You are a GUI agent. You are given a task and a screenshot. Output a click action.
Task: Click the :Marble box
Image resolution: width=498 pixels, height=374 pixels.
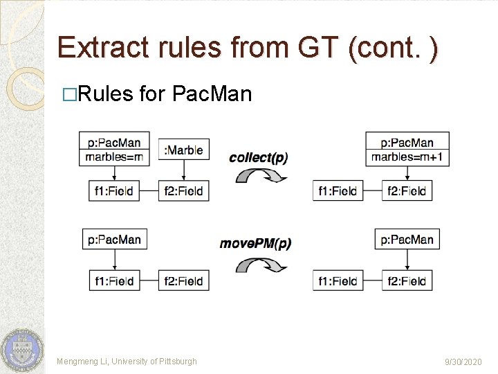(x=185, y=149)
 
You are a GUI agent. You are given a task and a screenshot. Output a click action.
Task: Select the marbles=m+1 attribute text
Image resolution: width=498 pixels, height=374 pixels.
(x=407, y=157)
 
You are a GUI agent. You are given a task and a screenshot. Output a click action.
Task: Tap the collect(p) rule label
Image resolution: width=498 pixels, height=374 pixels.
(x=258, y=157)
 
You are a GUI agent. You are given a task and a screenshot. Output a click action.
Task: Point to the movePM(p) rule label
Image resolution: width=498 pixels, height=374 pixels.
(x=255, y=243)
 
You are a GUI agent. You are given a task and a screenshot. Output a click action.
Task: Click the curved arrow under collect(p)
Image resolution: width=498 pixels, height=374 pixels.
(x=261, y=176)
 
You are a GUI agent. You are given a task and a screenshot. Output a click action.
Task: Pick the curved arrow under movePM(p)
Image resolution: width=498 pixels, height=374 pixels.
(x=261, y=265)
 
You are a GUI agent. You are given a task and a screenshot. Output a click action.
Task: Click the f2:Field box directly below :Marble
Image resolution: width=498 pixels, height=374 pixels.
(x=184, y=190)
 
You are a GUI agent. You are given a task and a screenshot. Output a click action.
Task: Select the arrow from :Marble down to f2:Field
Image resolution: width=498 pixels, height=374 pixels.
(x=184, y=170)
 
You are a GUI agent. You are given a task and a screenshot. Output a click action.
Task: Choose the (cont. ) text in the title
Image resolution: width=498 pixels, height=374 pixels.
(x=393, y=47)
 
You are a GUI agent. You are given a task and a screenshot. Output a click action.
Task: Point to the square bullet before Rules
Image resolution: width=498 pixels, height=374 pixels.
(x=66, y=93)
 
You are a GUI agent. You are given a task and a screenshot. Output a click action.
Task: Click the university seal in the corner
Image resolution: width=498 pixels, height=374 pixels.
(x=22, y=349)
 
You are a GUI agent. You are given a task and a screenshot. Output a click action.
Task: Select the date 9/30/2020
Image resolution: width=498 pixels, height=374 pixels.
(x=464, y=362)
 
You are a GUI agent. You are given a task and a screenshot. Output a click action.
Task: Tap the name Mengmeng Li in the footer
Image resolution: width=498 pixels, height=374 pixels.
(x=81, y=362)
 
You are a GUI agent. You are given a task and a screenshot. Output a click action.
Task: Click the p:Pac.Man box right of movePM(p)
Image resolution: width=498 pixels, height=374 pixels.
(x=407, y=240)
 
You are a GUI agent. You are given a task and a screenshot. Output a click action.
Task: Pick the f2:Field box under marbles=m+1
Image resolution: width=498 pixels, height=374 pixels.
(x=407, y=190)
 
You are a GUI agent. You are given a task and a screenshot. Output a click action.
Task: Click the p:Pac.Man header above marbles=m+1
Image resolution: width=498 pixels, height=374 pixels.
(x=407, y=143)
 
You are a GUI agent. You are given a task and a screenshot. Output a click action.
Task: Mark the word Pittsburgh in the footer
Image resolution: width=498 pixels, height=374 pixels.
(x=178, y=362)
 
